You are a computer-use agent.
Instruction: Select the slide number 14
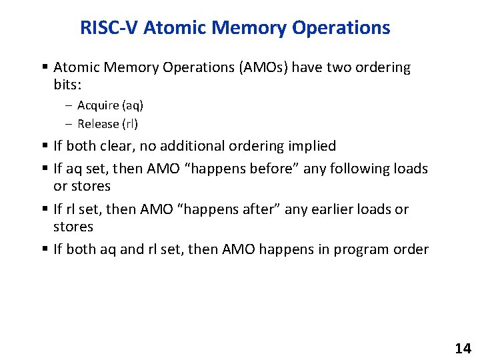463,348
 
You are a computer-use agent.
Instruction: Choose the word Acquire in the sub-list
98,105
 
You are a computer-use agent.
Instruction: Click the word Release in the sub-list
98,123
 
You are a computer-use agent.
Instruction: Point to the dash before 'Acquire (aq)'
69,105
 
